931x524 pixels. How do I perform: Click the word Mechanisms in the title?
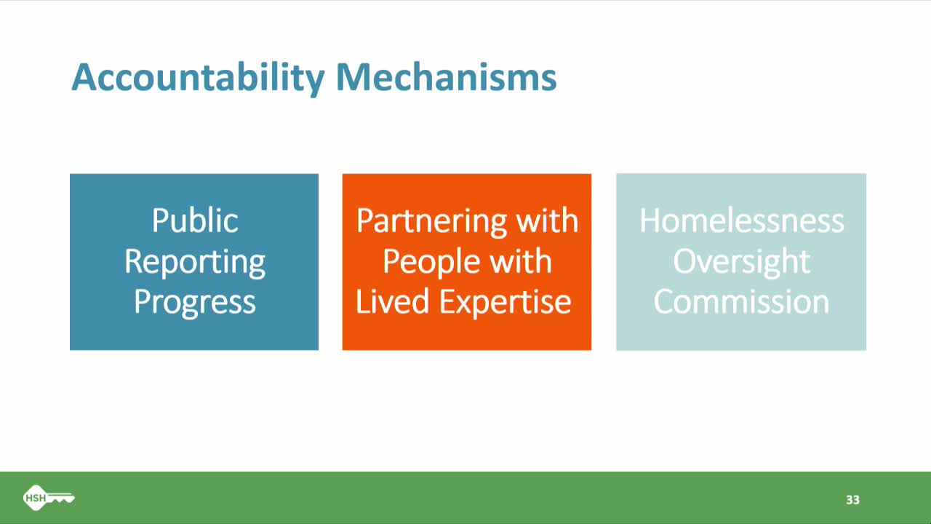(446, 77)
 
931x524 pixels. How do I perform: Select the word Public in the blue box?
(194, 221)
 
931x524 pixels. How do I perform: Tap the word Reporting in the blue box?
(194, 262)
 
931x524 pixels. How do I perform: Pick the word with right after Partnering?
(547, 221)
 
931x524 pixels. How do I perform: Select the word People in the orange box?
(429, 262)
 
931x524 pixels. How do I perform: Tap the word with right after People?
(520, 262)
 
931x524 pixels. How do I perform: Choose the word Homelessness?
(741, 221)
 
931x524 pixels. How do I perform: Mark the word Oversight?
(741, 262)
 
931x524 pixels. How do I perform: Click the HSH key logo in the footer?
(48, 499)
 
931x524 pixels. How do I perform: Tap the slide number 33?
(852, 500)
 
